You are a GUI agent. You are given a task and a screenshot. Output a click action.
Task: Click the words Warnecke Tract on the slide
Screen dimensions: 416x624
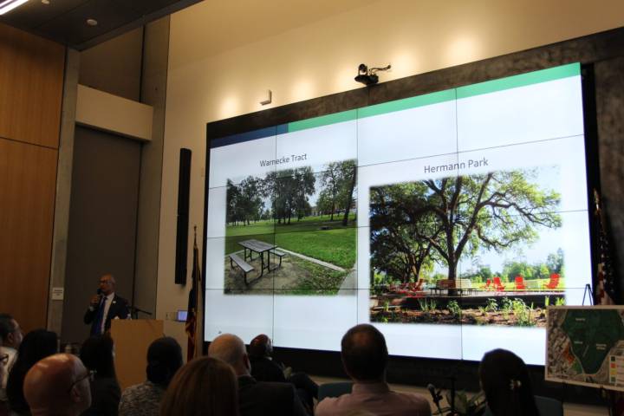coord(282,162)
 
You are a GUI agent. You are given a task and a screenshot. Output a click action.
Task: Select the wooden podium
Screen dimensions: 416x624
coord(136,347)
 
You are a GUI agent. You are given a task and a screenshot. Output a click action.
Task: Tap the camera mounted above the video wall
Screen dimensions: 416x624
coord(368,75)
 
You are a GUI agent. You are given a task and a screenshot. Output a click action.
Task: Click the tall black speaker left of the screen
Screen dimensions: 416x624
coord(183,216)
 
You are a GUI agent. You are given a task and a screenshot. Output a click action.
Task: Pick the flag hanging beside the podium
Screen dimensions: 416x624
coord(193,295)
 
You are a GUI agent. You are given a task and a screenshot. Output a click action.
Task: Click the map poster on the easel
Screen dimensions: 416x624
coord(585,345)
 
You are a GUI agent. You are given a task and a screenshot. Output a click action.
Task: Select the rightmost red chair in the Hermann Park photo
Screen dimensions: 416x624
coord(552,282)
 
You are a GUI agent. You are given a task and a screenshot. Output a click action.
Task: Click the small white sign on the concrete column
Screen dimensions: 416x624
coord(57,293)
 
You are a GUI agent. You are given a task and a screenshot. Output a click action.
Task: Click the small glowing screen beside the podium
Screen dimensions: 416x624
coord(181,315)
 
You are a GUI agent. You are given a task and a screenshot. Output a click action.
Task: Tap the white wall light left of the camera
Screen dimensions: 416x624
coord(265,98)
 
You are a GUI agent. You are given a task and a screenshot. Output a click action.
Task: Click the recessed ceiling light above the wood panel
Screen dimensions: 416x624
coord(91,22)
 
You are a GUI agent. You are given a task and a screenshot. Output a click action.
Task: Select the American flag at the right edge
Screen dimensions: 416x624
coord(604,251)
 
